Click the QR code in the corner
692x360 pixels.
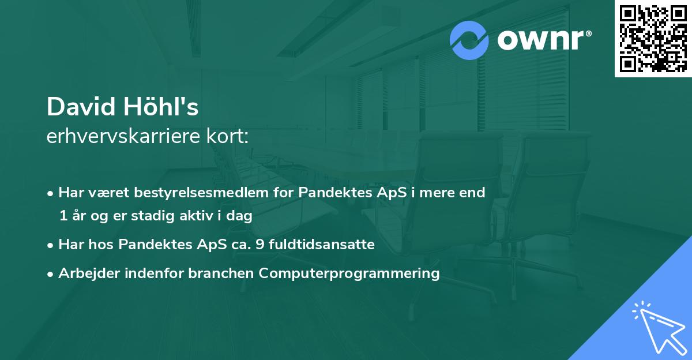653,39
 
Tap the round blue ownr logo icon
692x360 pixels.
469,40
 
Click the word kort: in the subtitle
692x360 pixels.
231,137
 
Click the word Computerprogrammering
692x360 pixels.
349,273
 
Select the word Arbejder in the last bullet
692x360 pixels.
83,273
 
